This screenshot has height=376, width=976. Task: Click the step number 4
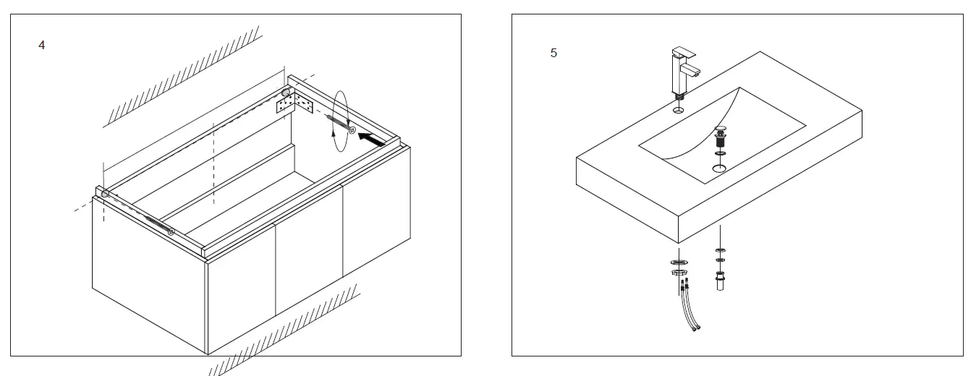42,46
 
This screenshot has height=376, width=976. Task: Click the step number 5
553,53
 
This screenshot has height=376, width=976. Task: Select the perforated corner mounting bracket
295,106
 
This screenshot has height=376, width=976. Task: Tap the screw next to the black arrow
340,124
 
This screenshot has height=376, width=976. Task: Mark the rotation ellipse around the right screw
339,121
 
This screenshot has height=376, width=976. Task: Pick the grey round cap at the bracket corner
286,93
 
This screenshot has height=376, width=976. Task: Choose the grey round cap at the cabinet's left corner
106,194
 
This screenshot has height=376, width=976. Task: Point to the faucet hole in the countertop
678,111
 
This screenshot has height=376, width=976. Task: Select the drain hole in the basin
720,168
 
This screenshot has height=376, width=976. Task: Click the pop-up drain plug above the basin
720,138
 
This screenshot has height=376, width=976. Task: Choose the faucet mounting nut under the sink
678,273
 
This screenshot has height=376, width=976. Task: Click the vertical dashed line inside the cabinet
213,163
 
